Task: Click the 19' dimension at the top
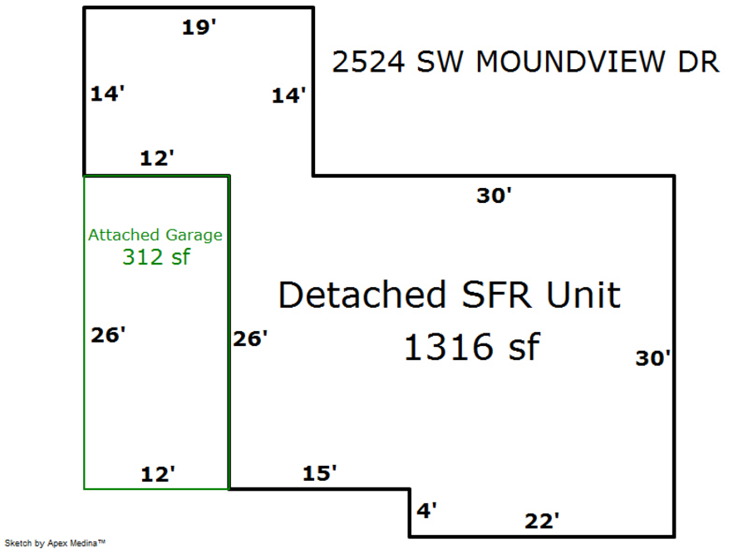[x=199, y=27]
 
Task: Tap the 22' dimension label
[x=541, y=522]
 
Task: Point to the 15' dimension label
[x=319, y=473]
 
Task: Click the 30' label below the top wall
[x=494, y=196]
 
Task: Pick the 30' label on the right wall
[x=653, y=359]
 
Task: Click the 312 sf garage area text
[x=155, y=257]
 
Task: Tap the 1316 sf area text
[x=471, y=346]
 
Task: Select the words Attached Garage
[x=155, y=235]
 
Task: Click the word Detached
[x=362, y=295]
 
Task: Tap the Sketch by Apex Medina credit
[x=56, y=543]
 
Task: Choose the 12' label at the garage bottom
[x=157, y=474]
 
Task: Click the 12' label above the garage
[x=156, y=158]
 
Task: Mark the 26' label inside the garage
[x=108, y=335]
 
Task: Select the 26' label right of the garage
[x=250, y=339]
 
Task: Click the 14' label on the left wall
[x=107, y=94]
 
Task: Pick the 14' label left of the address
[x=289, y=96]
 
